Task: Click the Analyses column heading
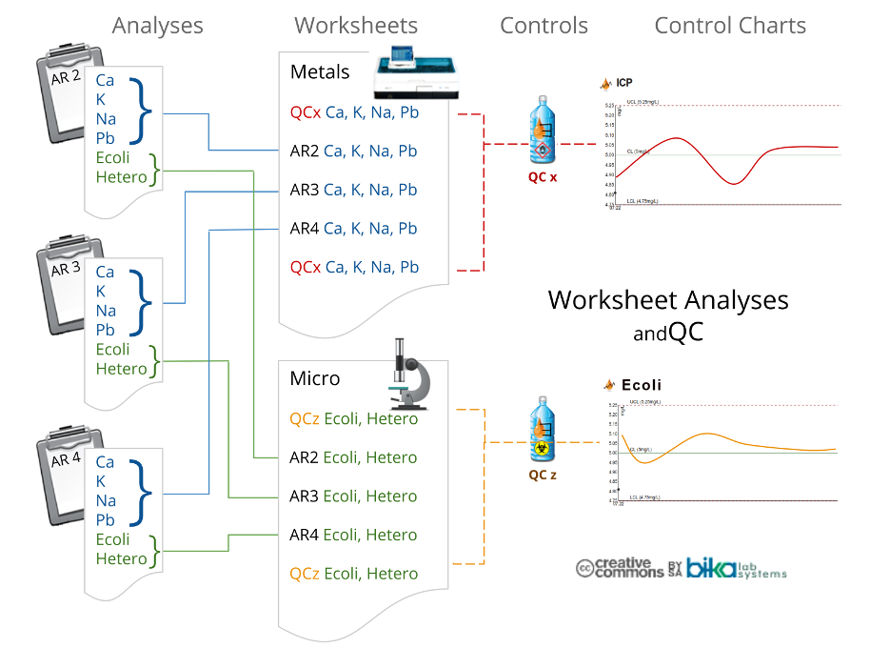coord(157,26)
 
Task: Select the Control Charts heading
coord(729,26)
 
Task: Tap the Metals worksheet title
coord(320,72)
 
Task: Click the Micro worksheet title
coord(314,378)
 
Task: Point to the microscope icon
coord(410,377)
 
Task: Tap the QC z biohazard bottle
coord(543,434)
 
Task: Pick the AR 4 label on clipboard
coord(66,459)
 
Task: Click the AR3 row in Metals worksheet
coord(353,190)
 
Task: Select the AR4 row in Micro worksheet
coord(353,535)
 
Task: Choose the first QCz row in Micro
coord(353,418)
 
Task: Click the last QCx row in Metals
coord(354,267)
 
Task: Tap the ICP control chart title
coord(623,83)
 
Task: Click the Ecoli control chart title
coord(641,386)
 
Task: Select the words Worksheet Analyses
coord(668,300)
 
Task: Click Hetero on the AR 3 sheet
coord(122,369)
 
